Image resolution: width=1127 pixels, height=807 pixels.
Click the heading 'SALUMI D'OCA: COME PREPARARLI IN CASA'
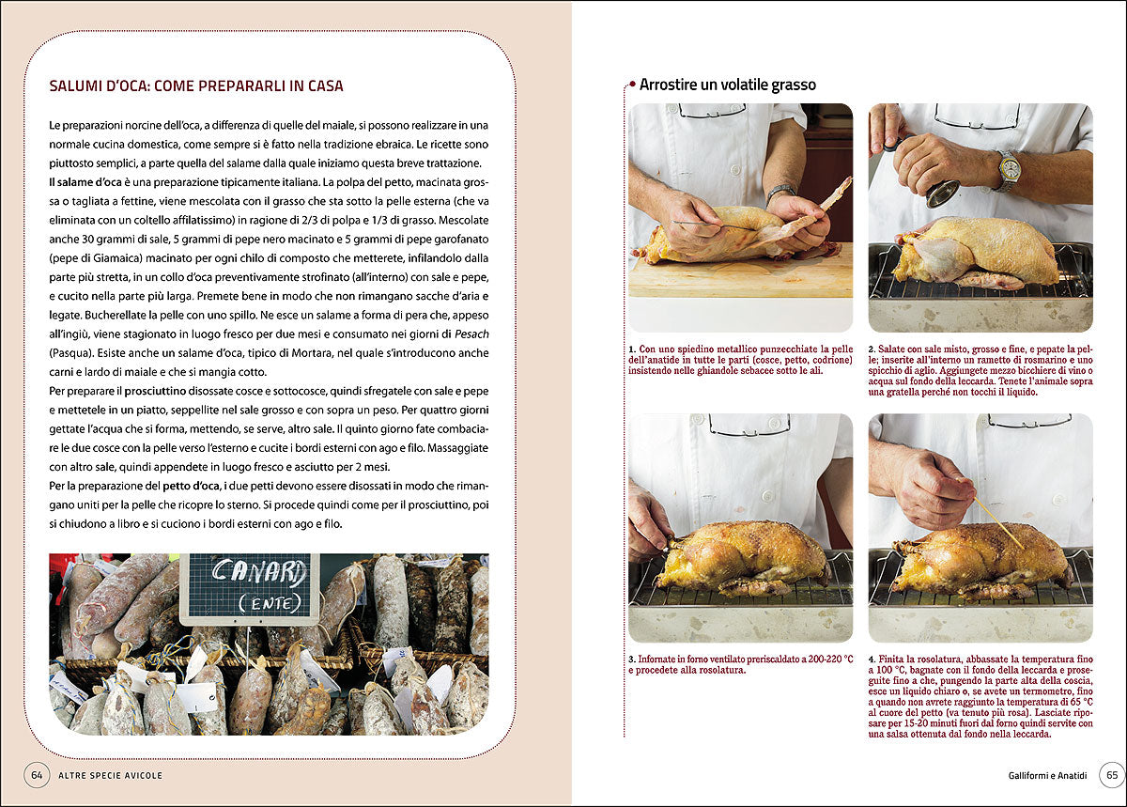click(x=196, y=86)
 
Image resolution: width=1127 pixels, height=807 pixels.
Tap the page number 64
click(x=37, y=775)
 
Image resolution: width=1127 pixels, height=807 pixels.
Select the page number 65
click(x=1112, y=775)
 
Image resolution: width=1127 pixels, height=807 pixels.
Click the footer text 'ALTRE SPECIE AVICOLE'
click(x=110, y=775)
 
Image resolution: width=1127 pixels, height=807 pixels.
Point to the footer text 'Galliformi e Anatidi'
click(x=1047, y=775)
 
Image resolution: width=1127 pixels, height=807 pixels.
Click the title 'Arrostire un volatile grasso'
click(x=728, y=85)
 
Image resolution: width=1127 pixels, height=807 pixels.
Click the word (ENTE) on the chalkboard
click(x=270, y=602)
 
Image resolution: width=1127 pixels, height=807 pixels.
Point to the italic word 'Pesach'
click(x=471, y=334)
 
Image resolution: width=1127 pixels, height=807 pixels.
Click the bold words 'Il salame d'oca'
click(x=85, y=181)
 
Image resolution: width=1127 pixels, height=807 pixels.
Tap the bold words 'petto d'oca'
click(x=192, y=486)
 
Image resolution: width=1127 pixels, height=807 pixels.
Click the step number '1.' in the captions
click(x=632, y=349)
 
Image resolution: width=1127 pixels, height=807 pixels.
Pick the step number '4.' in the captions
click(x=872, y=659)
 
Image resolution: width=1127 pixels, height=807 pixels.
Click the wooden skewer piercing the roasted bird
click(x=999, y=522)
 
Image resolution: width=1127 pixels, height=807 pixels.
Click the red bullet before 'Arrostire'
click(x=632, y=84)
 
